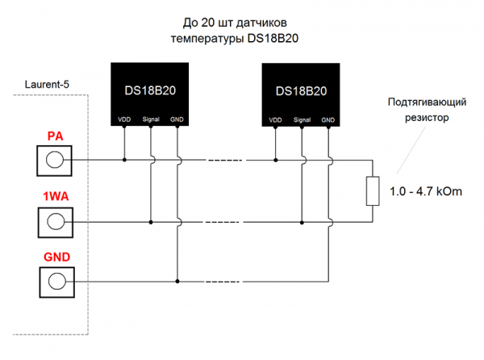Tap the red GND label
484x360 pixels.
(x=56, y=257)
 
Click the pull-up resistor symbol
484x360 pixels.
(x=372, y=190)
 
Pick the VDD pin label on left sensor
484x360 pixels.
(x=124, y=119)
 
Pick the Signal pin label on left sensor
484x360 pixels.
(x=151, y=119)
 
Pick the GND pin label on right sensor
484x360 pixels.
(x=328, y=119)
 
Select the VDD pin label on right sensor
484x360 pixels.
(x=276, y=119)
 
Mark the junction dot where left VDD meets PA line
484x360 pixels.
(x=124, y=159)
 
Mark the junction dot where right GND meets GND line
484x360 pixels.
(x=328, y=280)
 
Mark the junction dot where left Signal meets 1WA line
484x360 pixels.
(x=151, y=220)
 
